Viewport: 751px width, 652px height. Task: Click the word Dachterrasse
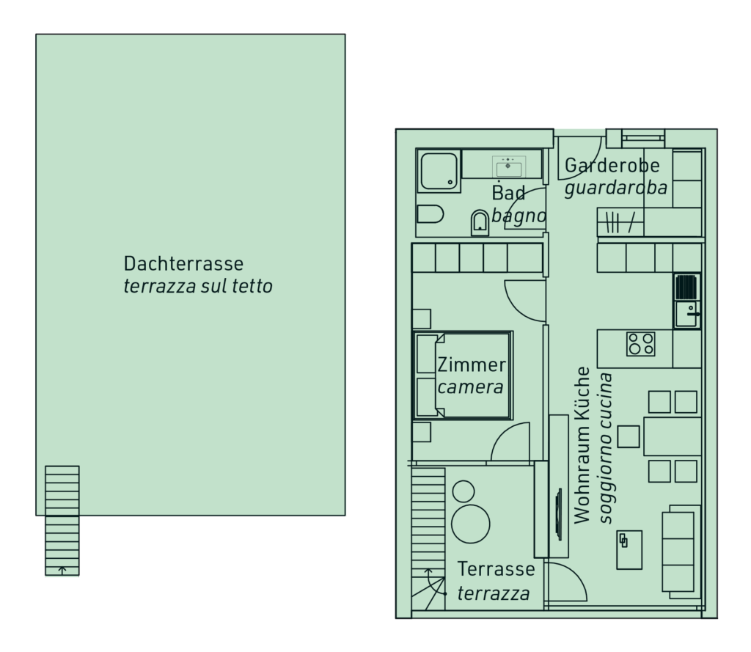point(183,263)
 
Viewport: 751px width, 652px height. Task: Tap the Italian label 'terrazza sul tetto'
point(198,286)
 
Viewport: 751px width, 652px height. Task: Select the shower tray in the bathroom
point(439,171)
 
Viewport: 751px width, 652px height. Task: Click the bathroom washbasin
point(508,167)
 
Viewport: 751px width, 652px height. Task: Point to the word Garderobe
point(612,165)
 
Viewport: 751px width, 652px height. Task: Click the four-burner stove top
point(641,343)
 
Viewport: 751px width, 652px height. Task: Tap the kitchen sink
point(687,314)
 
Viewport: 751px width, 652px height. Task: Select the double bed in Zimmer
point(463,375)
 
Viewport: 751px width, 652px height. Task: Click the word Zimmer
point(472,365)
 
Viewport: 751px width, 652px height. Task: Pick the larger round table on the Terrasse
point(470,524)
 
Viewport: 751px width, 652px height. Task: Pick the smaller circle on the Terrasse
point(464,491)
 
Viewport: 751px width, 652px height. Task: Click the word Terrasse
point(497,569)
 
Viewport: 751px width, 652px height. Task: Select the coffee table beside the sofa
point(629,549)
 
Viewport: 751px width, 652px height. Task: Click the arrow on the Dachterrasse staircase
point(62,570)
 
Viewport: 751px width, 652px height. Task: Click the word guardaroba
point(616,188)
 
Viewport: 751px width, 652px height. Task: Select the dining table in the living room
point(673,436)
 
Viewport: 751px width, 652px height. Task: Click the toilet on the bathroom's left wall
point(430,214)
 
